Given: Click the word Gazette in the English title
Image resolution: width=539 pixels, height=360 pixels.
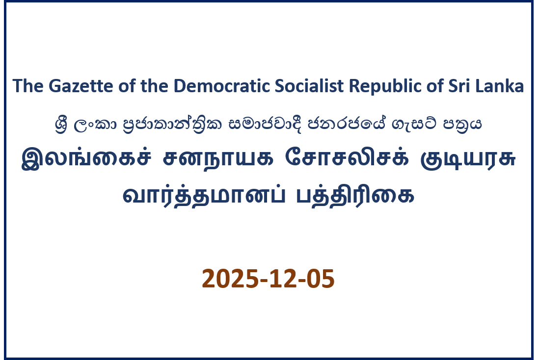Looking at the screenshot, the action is click(x=81, y=86).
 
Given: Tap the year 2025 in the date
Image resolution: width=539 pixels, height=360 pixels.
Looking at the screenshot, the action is click(x=230, y=279).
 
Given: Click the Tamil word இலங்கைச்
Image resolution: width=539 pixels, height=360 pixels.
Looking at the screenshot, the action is click(x=86, y=158).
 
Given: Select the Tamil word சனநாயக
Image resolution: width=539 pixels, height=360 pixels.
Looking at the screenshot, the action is click(x=218, y=159).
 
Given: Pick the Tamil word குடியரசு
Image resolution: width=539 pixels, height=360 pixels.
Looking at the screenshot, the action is click(x=468, y=159).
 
